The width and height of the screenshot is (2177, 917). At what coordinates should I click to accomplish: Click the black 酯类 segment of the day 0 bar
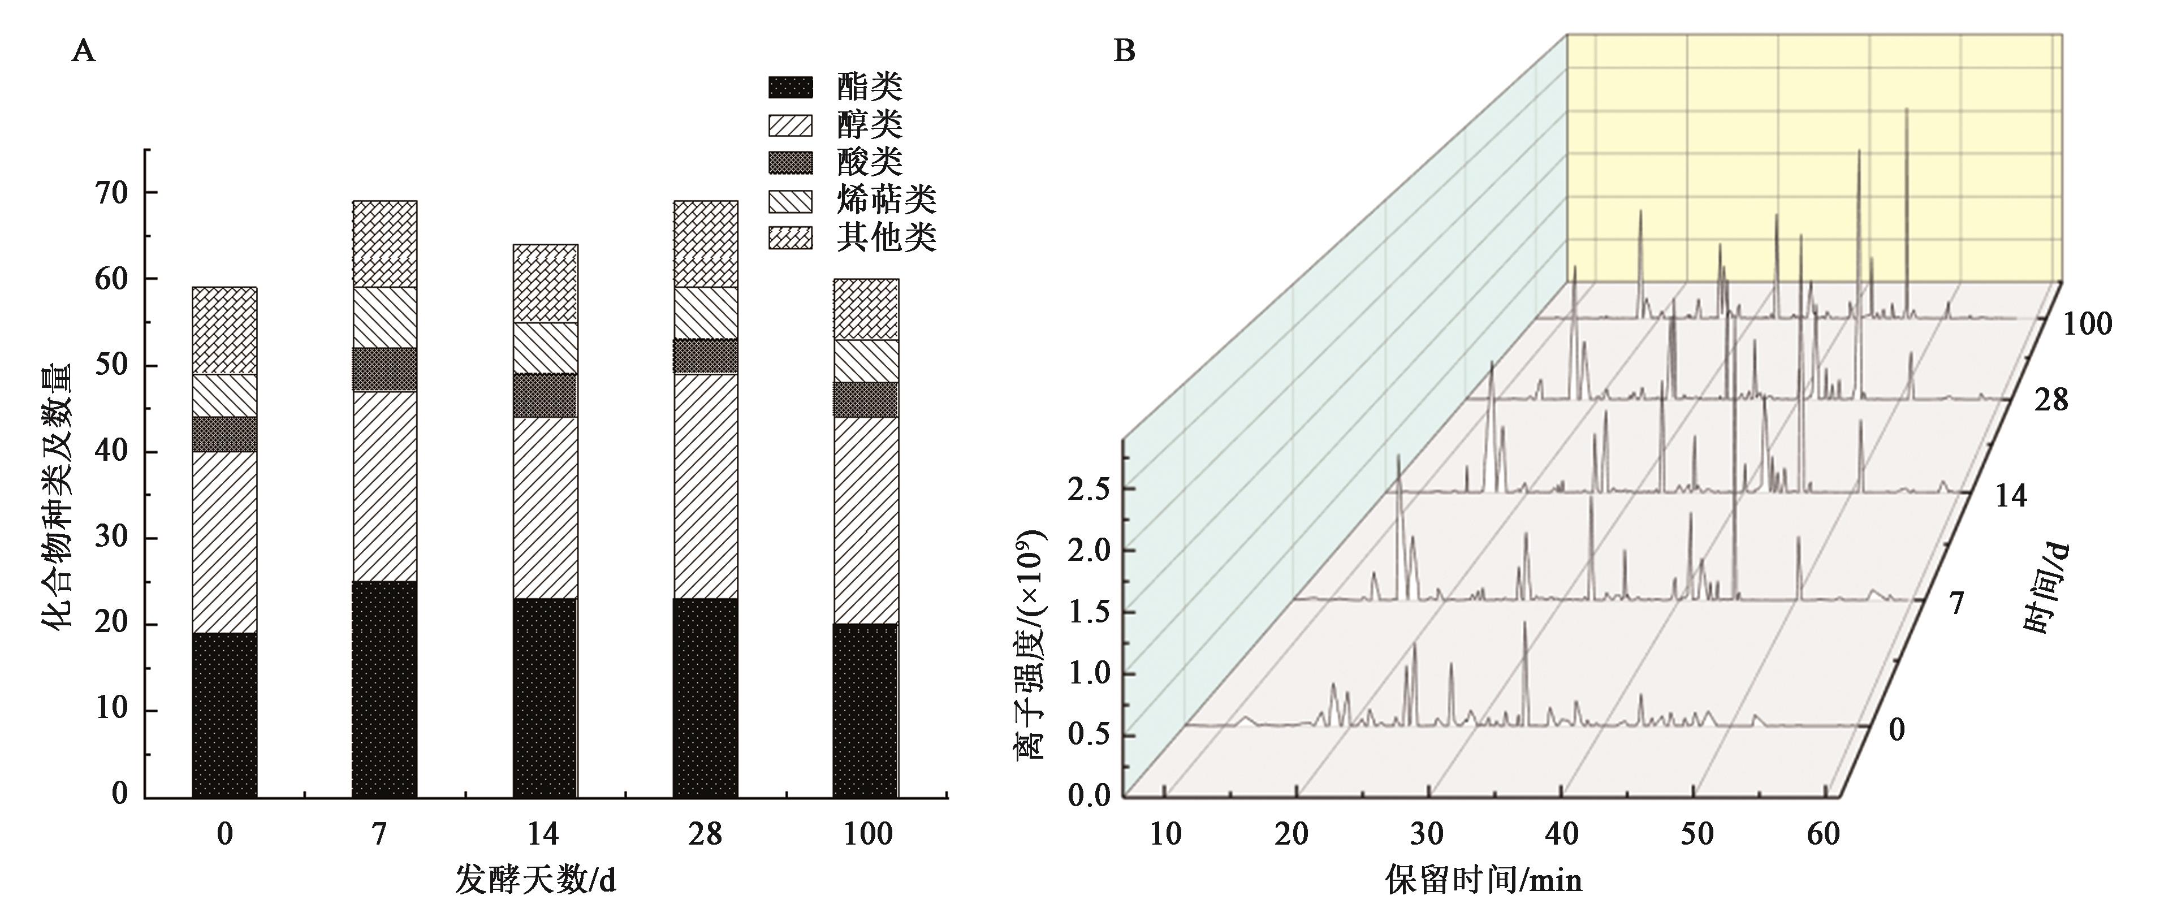pos(224,714)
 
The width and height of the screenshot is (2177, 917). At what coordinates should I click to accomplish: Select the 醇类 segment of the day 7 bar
pos(385,486)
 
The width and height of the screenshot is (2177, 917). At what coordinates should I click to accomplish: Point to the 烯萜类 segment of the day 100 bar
pos(865,361)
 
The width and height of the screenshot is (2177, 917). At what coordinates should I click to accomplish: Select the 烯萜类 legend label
pos(887,200)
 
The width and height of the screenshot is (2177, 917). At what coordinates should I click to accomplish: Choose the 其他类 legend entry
pos(887,237)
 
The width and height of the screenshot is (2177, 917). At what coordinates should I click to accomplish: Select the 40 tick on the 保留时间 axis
pos(1562,834)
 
